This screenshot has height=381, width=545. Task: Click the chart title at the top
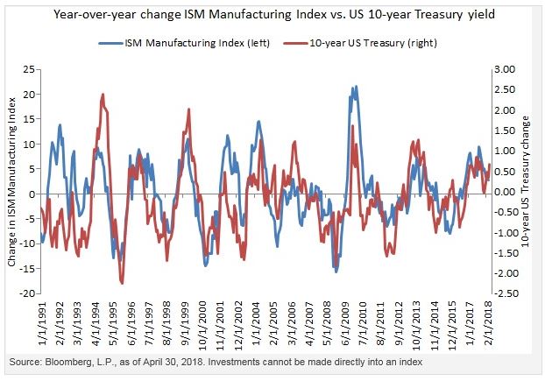tap(272, 15)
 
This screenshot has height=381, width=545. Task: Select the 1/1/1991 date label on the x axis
tap(42, 321)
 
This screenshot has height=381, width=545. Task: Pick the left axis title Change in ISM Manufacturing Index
tap(12, 181)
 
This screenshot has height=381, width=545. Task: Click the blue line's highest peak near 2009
tap(354, 87)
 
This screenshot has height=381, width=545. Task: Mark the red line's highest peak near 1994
tap(103, 95)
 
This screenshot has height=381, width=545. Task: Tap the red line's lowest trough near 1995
tap(122, 283)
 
